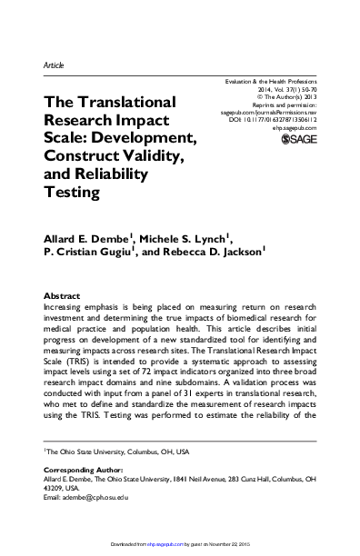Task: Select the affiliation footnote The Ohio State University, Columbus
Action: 109,452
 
